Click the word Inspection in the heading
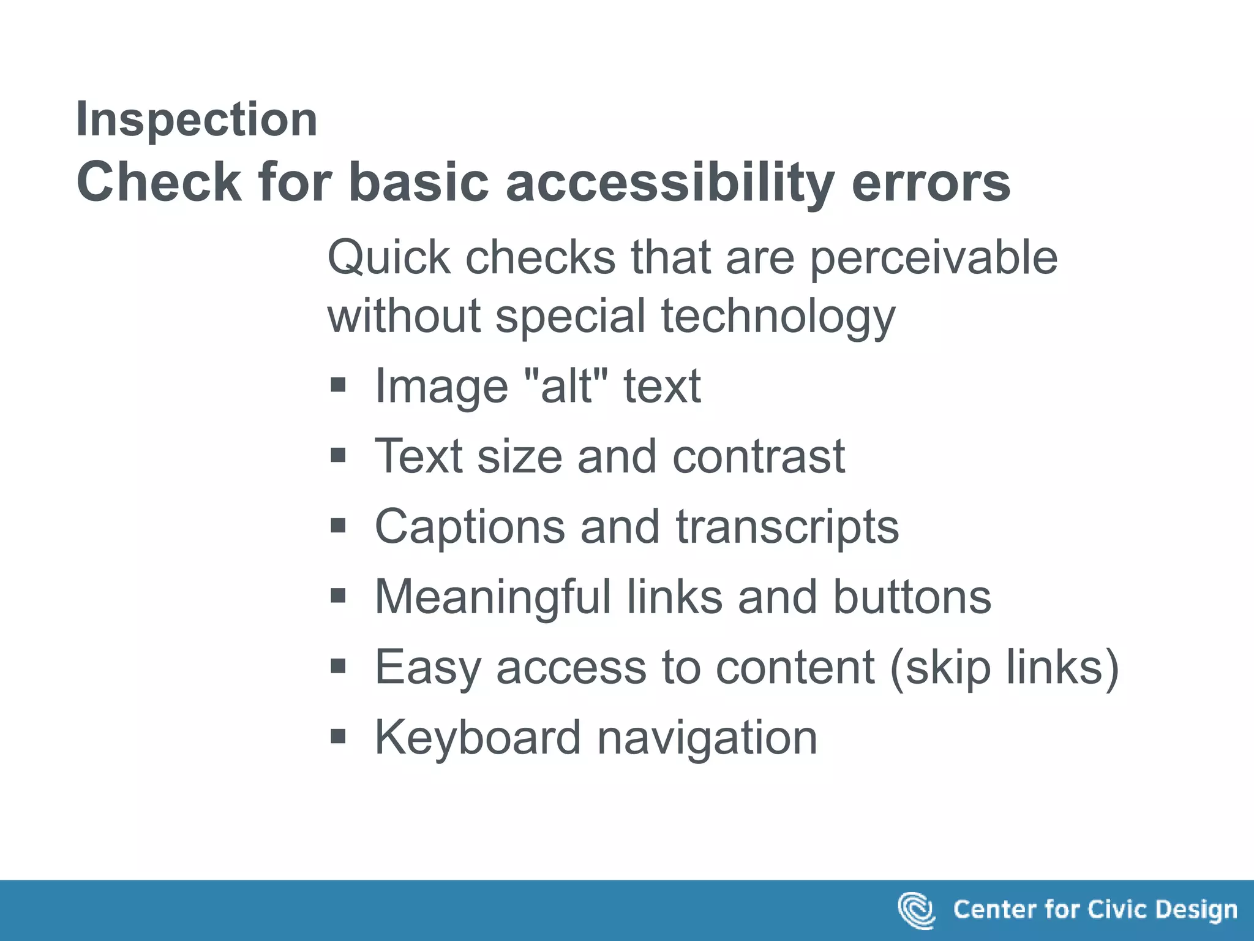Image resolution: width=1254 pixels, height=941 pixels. pos(197,119)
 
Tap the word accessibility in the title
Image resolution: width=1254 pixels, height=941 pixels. pos(670,182)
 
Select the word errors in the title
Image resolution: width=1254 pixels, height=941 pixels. pos(931,182)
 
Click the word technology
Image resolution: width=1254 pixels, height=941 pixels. pos(778,317)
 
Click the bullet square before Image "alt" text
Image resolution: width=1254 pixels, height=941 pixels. pos(338,385)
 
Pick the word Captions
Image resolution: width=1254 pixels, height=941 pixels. pos(470,527)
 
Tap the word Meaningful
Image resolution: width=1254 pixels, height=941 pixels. pos(493,597)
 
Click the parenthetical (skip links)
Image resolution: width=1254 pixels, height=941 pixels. pos(1004,667)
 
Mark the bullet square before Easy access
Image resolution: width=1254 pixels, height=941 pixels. pos(338,666)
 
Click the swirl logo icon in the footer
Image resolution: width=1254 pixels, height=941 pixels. pos(916,910)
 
